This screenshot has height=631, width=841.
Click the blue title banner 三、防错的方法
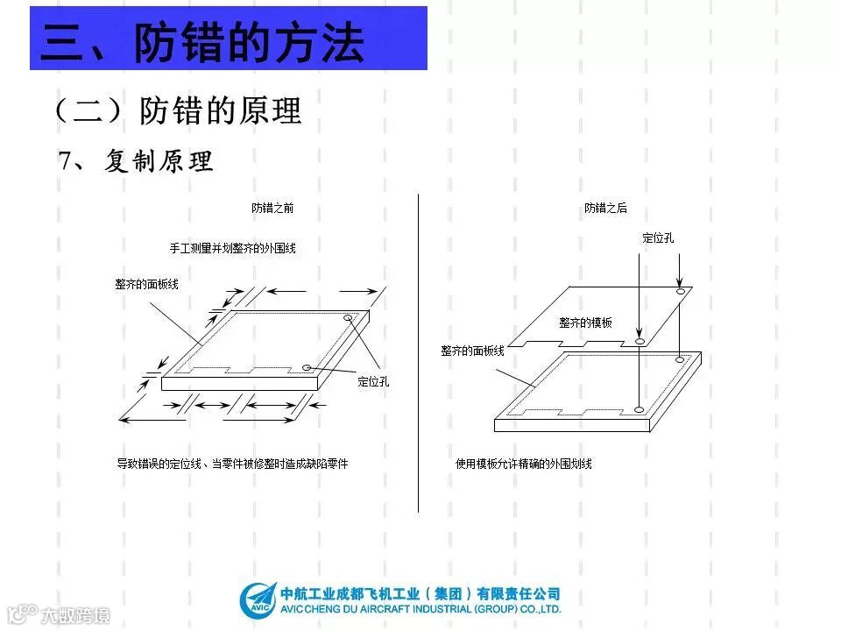(228, 39)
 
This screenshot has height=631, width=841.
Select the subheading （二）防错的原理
(178, 111)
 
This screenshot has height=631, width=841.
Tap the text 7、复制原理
(136, 162)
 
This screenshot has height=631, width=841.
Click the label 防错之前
(272, 209)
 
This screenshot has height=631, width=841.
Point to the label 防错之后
(605, 209)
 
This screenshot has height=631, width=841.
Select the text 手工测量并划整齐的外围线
(232, 248)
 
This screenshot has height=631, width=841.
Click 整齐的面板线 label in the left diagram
(146, 284)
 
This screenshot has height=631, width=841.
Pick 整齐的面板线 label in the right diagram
(472, 351)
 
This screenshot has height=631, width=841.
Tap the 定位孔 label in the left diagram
(373, 381)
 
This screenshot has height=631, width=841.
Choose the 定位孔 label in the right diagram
(658, 238)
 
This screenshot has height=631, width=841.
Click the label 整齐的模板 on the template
(586, 323)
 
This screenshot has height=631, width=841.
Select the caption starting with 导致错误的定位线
(232, 463)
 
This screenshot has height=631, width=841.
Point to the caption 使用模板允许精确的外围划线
(524, 463)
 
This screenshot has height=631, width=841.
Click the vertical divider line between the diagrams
(419, 351)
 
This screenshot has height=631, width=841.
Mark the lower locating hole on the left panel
(306, 367)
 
